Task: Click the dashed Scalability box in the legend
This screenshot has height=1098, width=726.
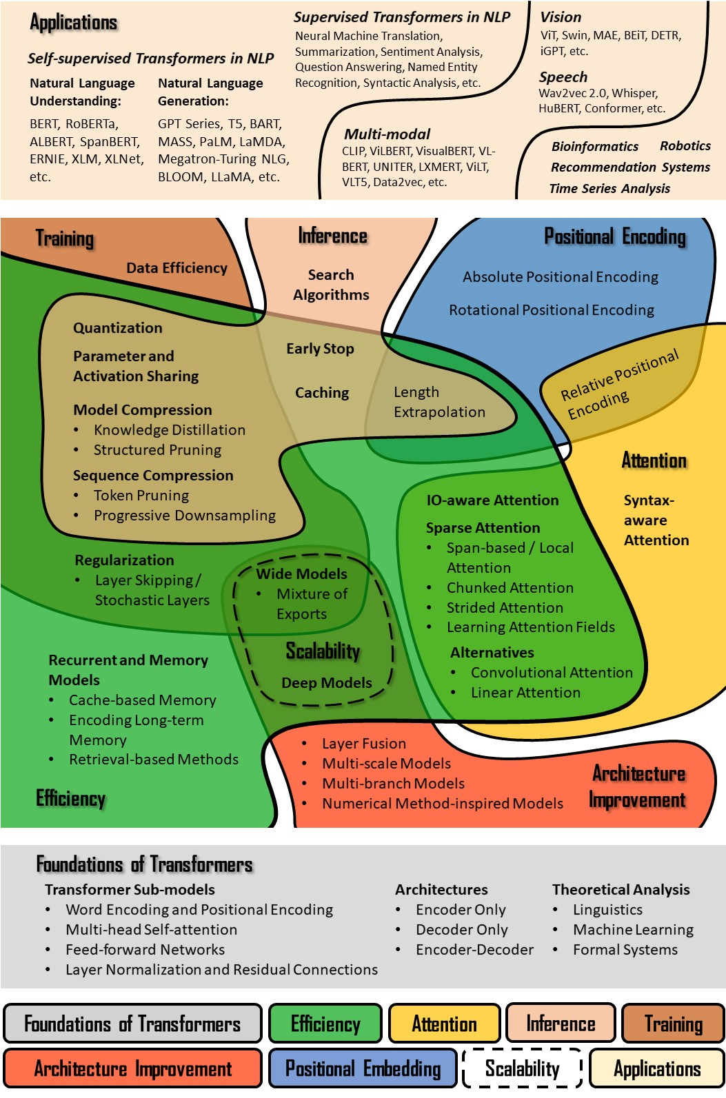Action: [x=522, y=1068]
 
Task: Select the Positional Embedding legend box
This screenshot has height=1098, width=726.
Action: [x=363, y=1068]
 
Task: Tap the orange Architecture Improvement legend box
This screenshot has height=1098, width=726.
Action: [x=132, y=1068]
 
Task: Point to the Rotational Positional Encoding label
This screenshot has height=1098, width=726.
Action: [x=552, y=310]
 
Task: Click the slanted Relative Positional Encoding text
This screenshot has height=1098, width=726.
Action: [x=618, y=385]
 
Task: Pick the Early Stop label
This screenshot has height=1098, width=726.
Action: [x=320, y=349]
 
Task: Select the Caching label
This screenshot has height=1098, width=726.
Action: [x=322, y=393]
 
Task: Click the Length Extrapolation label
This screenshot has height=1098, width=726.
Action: [x=439, y=402]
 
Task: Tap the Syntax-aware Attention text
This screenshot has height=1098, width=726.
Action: [x=656, y=520]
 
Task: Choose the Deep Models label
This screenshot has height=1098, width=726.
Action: [x=326, y=683]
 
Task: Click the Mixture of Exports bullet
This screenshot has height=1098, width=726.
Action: [x=312, y=604]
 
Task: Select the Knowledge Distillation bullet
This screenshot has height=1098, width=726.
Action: [x=169, y=430]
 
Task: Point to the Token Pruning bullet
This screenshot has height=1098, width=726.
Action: [x=141, y=496]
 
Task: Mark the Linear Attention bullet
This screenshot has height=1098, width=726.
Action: [x=525, y=693]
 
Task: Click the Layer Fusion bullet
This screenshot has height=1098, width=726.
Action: [x=363, y=744]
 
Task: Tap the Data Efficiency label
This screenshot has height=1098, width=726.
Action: [x=177, y=268]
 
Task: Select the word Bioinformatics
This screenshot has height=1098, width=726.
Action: [x=594, y=147]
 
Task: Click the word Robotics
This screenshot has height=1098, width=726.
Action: [x=685, y=146]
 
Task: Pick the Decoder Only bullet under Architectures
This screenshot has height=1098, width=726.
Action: [x=461, y=930]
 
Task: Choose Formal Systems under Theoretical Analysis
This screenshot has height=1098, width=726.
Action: [x=625, y=950]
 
